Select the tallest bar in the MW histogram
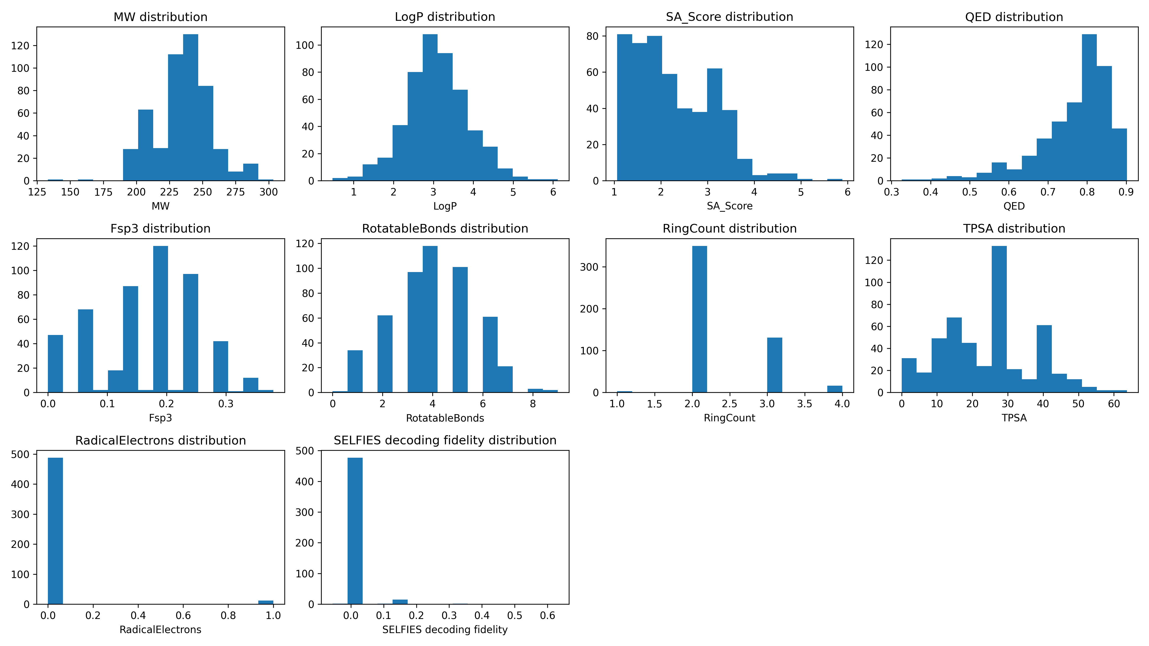[x=191, y=107]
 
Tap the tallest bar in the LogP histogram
[x=430, y=107]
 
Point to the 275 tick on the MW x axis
[x=236, y=192]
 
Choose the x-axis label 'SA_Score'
[x=729, y=206]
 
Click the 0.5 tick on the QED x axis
[x=970, y=192]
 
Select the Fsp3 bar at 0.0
[x=55, y=363]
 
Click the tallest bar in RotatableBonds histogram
[x=430, y=319]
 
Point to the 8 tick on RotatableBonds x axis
[x=533, y=404]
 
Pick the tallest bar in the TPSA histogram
[x=999, y=319]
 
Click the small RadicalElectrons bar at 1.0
[x=266, y=602]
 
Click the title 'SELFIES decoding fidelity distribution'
[x=445, y=440]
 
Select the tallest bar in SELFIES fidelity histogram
[x=355, y=530]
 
